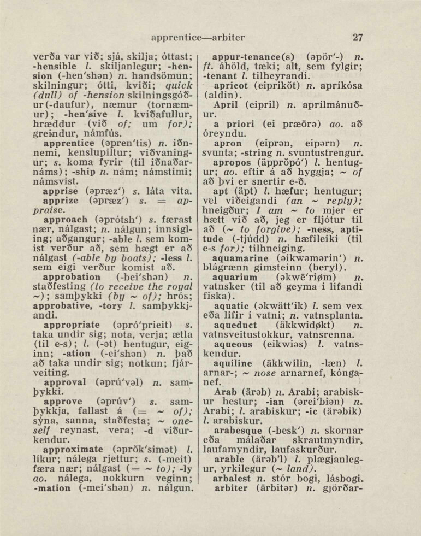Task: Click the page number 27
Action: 358,38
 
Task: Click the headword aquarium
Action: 238,277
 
